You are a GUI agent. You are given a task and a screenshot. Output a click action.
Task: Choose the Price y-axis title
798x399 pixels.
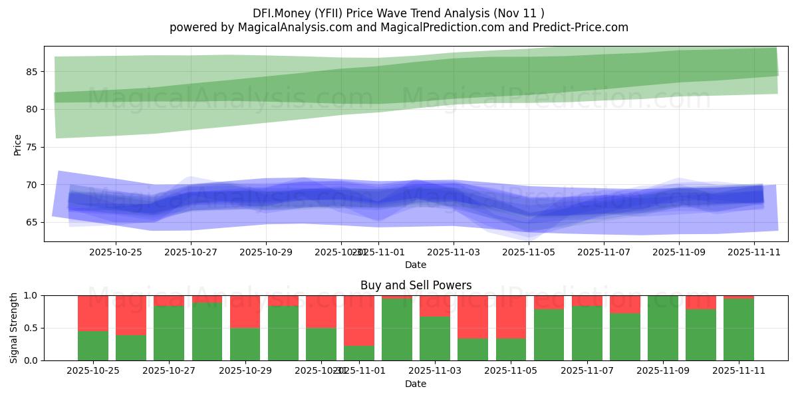pos(17,144)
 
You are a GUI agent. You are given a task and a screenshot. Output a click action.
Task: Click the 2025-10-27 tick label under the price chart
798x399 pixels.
pos(191,253)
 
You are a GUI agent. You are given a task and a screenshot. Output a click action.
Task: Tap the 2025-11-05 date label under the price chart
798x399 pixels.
pos(529,253)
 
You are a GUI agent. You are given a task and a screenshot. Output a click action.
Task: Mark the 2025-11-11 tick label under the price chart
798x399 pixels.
pos(754,253)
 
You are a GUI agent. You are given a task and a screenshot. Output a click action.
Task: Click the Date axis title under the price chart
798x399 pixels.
pos(416,265)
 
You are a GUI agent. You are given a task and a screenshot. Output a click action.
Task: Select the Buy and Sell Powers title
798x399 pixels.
pos(416,285)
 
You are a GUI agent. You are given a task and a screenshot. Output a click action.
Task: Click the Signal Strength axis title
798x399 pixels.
pos(14,327)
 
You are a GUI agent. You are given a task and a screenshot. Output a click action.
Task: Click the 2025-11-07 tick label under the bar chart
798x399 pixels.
pos(587,371)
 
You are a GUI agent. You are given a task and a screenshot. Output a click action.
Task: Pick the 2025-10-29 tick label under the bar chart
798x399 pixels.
pos(245,371)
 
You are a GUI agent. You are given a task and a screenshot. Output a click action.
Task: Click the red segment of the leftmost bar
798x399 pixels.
pos(93,313)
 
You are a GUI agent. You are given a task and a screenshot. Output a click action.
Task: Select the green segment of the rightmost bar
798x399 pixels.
pos(739,329)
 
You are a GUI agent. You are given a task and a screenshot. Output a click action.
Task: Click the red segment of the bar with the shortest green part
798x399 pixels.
pos(359,320)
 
